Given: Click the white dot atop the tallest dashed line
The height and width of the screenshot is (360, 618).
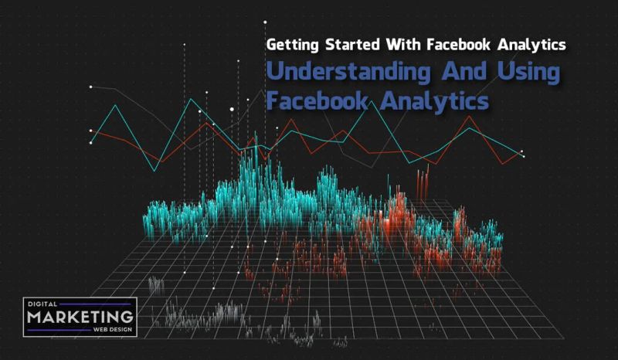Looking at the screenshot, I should (265, 22).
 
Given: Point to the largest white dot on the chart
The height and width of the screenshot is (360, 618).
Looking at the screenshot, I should (232, 110).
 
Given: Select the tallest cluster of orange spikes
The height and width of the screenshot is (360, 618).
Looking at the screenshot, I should (422, 182).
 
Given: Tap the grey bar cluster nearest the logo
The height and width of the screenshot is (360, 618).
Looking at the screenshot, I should (156, 285).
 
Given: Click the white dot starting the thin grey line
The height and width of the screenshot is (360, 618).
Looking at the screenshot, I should (91, 87).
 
